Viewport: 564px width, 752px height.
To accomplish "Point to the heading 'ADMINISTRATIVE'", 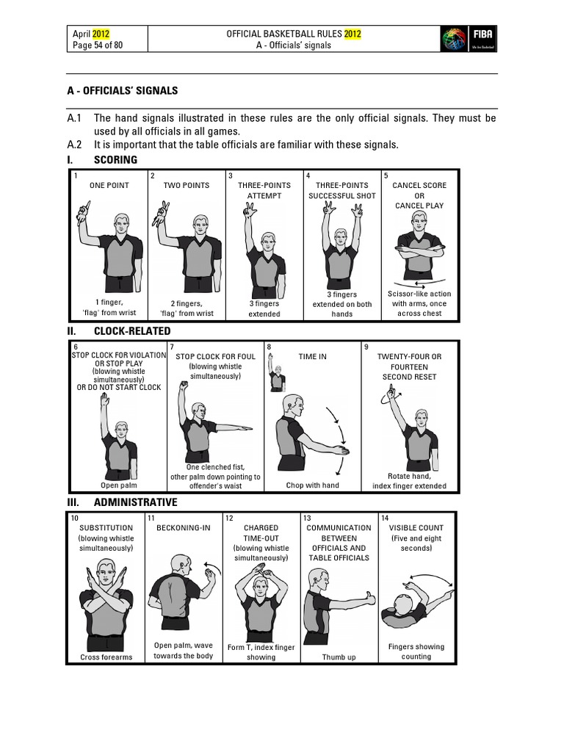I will [135, 502].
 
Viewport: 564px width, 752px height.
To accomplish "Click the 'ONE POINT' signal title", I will [109, 186].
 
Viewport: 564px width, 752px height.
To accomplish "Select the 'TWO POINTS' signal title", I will [186, 186].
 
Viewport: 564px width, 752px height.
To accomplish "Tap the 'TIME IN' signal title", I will [312, 357].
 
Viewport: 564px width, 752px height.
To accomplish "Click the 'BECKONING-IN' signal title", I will [184, 528].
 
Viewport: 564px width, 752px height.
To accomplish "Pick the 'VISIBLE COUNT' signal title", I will [416, 528].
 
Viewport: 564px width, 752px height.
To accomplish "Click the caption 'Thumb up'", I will [339, 657].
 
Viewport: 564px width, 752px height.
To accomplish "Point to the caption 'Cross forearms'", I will [106, 657].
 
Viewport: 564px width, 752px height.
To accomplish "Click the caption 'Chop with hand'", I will [312, 485].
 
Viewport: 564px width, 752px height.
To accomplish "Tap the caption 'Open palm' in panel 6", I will [118, 485].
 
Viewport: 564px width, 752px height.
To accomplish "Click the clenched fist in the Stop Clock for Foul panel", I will [181, 385].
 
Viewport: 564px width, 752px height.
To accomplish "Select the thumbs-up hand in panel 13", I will [366, 599].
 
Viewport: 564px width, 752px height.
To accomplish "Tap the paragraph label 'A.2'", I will [74, 145].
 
